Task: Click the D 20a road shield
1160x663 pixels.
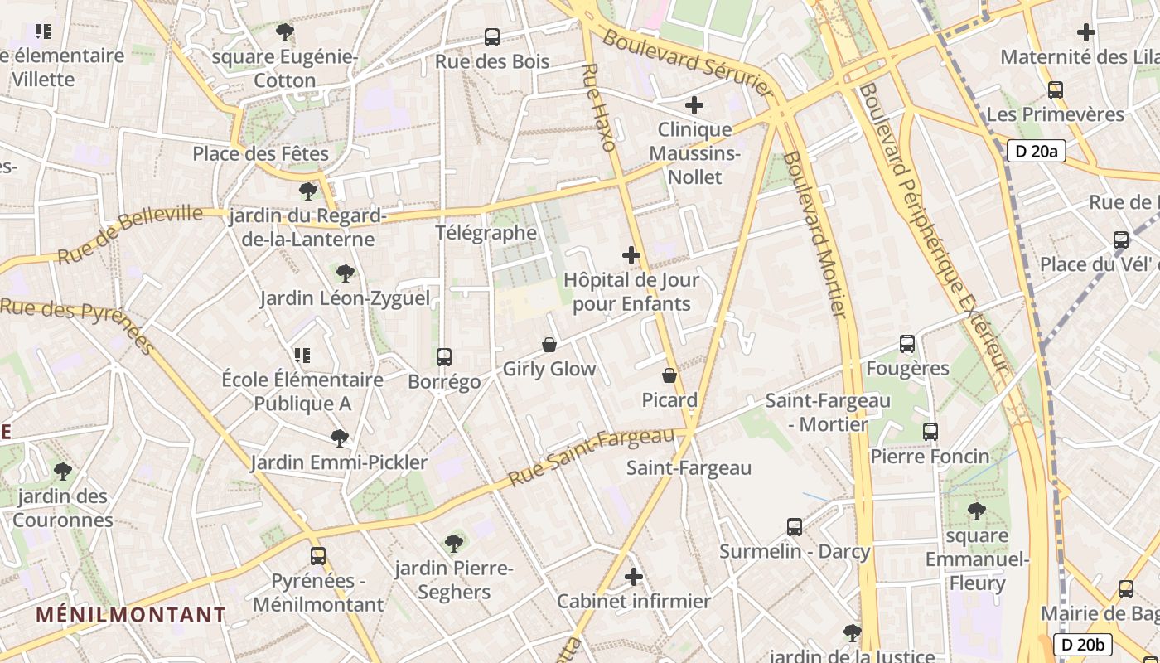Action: click(1036, 151)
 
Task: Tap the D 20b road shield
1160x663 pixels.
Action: click(1082, 644)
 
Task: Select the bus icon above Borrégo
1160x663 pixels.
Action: click(444, 357)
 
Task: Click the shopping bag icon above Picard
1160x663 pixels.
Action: click(669, 375)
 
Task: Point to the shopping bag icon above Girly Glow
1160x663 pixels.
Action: click(549, 344)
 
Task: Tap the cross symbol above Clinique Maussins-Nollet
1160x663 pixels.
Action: click(694, 105)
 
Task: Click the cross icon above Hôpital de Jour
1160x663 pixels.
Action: click(631, 255)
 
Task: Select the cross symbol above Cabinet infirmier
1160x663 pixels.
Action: click(634, 577)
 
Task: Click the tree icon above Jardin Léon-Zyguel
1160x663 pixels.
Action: click(345, 273)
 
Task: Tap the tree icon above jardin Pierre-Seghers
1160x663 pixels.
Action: click(453, 544)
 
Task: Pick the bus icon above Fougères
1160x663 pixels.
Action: click(907, 344)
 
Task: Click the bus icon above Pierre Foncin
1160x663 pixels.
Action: click(930, 432)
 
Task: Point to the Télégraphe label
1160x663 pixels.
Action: click(486, 232)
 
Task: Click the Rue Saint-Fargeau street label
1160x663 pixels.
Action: click(592, 457)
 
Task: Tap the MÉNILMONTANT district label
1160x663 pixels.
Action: click(131, 614)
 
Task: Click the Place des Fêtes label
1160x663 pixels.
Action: click(260, 153)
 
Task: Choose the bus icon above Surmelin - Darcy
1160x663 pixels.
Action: click(794, 526)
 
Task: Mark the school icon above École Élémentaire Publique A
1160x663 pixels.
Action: click(302, 356)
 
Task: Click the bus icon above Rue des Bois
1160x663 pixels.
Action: click(492, 37)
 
